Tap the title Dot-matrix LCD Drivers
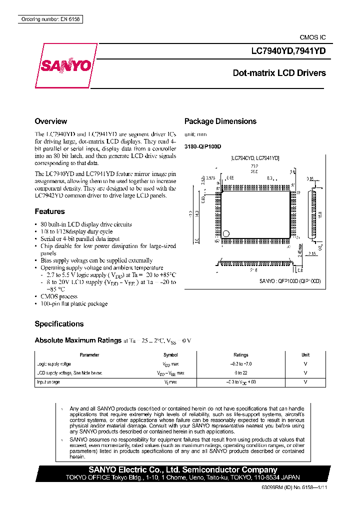tap(279, 73)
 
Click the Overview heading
tap(50, 121)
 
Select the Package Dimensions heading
tap(220, 121)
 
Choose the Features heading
tap(49, 211)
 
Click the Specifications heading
tap(59, 324)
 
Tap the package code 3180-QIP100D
tap(202, 146)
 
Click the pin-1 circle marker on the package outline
tap(226, 233)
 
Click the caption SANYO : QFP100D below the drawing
tap(289, 281)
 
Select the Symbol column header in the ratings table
tap(170, 355)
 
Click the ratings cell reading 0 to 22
tap(241, 373)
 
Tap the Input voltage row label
tap(49, 382)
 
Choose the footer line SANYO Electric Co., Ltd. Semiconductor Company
tap(182, 469)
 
